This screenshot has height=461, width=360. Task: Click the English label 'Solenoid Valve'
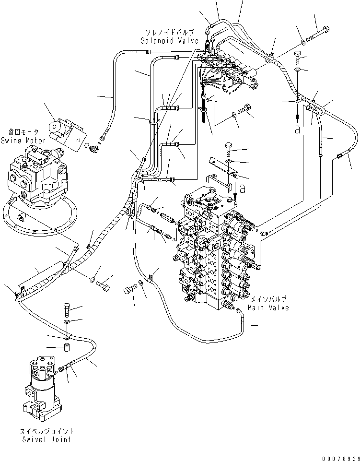point(169,41)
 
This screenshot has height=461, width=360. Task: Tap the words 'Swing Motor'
point(23,141)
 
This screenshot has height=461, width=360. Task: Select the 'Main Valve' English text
point(268,307)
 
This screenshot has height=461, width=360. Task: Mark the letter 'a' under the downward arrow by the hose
point(298,130)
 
